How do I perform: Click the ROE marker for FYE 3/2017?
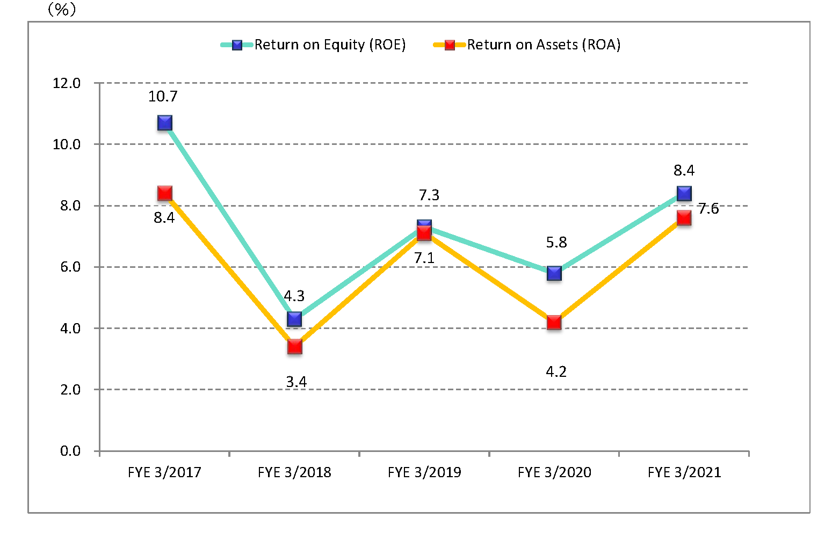click(x=165, y=123)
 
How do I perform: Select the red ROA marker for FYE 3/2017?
click(x=165, y=193)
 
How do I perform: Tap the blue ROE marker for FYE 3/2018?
click(x=294, y=319)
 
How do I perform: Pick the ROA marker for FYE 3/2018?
click(x=294, y=346)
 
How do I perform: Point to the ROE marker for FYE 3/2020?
click(x=554, y=273)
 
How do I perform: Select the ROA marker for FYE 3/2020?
click(x=554, y=322)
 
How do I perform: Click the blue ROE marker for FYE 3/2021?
click(x=684, y=193)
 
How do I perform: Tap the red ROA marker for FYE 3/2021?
click(x=684, y=217)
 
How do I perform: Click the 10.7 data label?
click(x=163, y=97)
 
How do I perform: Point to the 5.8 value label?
click(x=556, y=243)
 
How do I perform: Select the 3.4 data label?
click(x=296, y=382)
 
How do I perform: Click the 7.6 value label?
click(x=708, y=209)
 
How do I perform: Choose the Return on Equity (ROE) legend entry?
click(x=314, y=45)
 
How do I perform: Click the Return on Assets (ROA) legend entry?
click(x=527, y=45)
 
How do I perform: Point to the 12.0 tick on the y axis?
click(x=67, y=83)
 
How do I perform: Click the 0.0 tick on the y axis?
click(x=70, y=451)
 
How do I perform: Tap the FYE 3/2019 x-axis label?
click(x=424, y=472)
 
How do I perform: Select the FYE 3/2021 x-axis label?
click(x=684, y=472)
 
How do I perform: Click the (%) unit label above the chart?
click(x=62, y=9)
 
